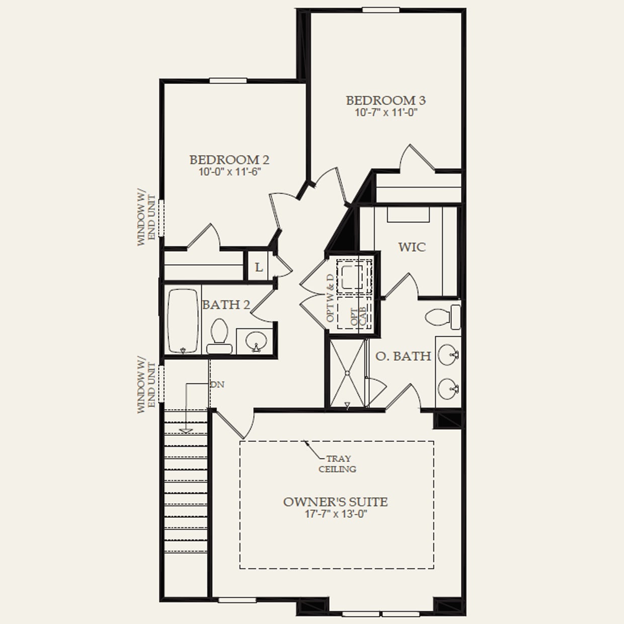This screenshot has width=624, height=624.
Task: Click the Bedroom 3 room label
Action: pos(385,100)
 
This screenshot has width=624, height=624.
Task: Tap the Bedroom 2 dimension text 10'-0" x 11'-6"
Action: pos(229,172)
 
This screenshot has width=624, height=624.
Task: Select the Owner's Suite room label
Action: pos(335,502)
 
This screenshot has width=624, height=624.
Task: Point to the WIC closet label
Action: pos(412,247)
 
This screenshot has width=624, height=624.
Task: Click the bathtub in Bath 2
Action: pos(182,321)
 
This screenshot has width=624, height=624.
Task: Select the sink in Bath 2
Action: pos(255,341)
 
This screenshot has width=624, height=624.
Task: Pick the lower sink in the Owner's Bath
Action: pos(447,388)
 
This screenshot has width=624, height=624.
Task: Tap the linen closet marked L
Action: pos(259,267)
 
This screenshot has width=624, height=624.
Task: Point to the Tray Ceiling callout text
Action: pos(338,464)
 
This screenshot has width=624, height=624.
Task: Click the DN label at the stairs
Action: pos(217,385)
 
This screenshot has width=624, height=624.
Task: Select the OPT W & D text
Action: pos(330,298)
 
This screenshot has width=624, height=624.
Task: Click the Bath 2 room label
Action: pos(225,305)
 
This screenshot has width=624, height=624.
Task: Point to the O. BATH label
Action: pos(403,356)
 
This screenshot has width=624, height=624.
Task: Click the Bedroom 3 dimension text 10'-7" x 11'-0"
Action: pos(385,113)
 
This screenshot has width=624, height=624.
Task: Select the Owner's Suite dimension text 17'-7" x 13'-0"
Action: pos(335,514)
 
